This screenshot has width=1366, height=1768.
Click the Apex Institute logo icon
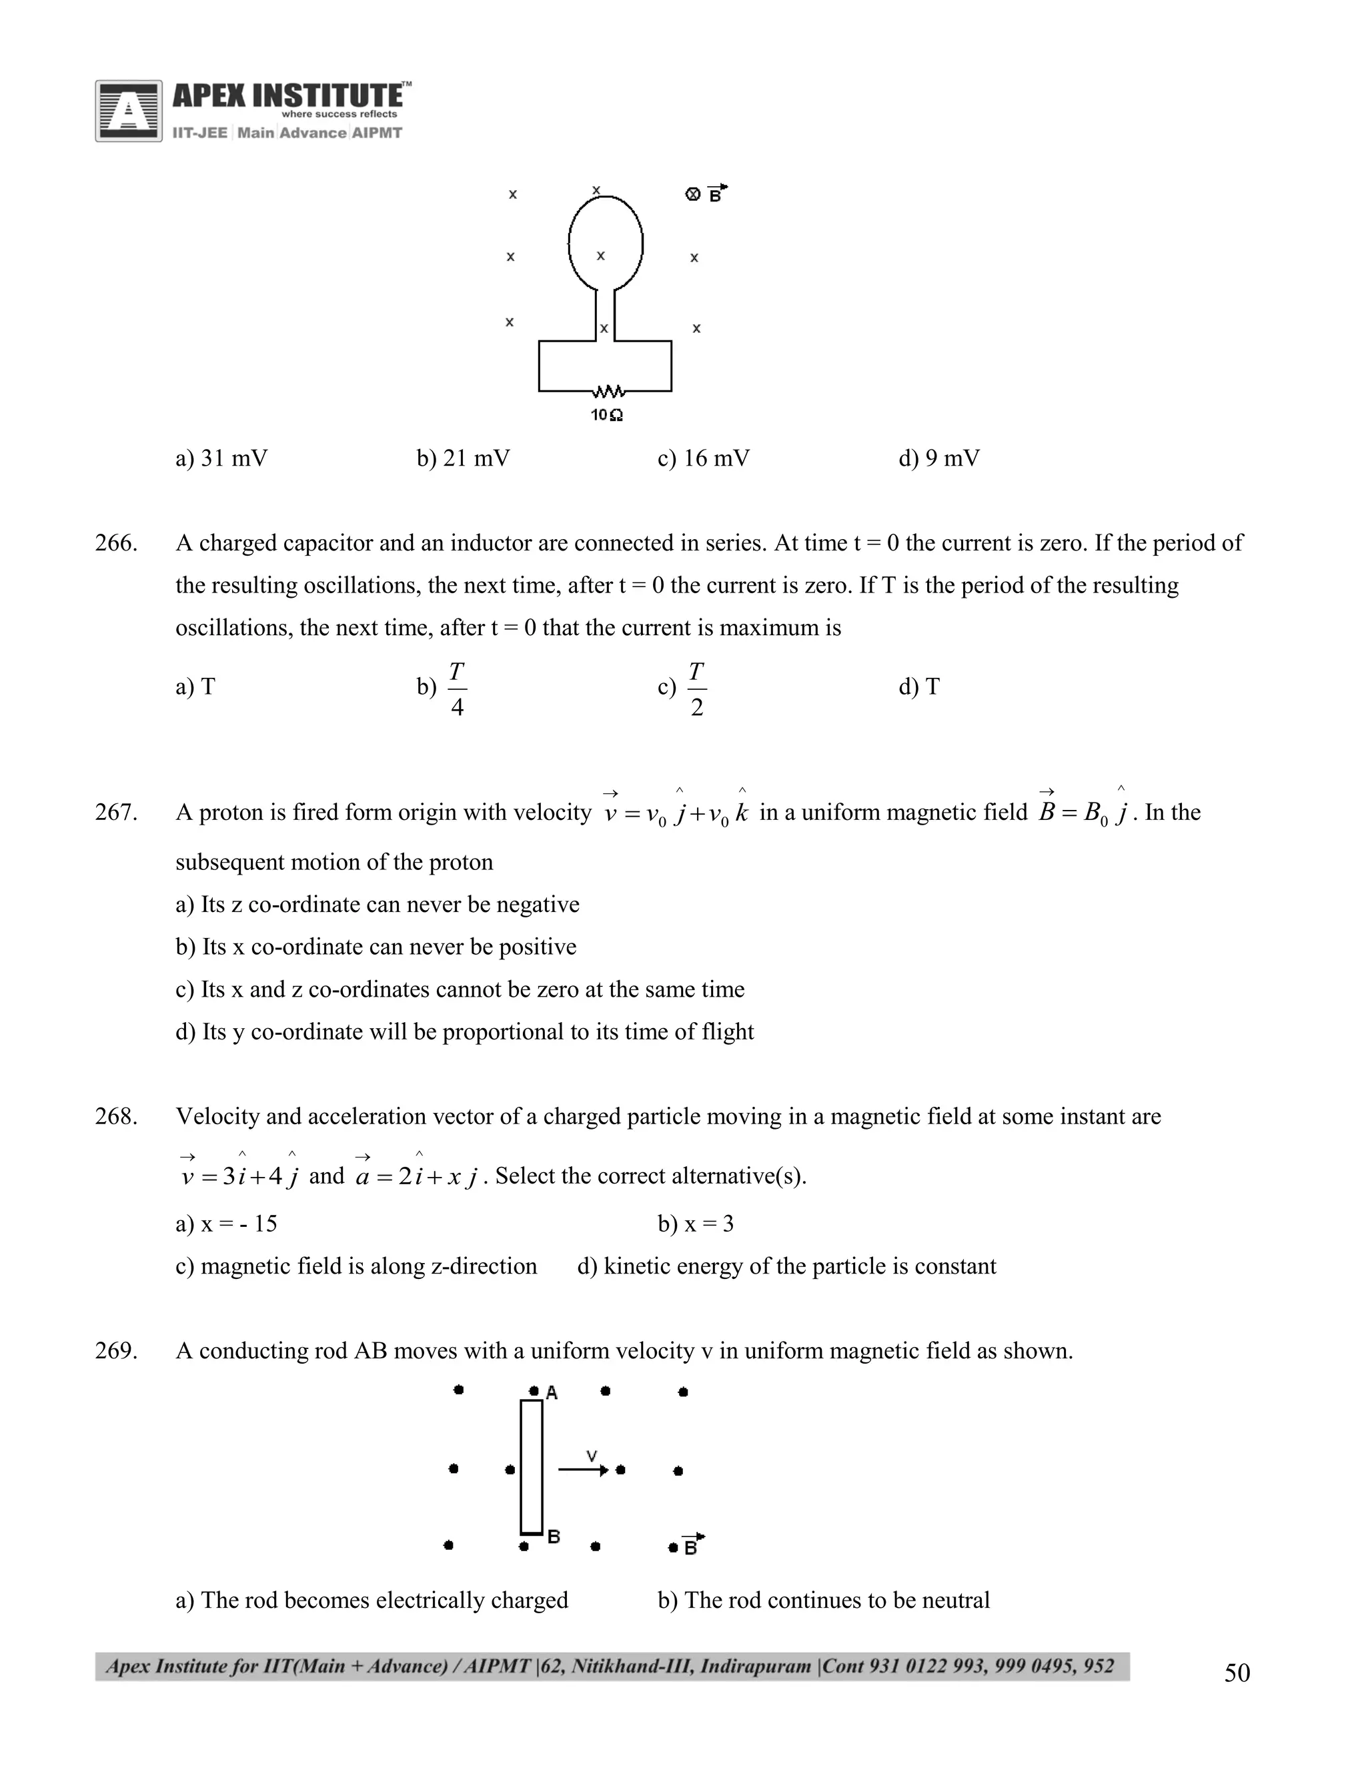pos(128,111)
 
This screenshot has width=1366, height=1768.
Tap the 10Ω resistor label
pos(606,415)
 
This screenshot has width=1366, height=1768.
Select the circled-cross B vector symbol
pos(705,193)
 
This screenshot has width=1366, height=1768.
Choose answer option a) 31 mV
pos(221,459)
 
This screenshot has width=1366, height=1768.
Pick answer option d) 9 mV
pos(938,459)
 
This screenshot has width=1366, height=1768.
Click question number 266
pos(115,543)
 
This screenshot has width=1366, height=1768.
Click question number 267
pos(115,812)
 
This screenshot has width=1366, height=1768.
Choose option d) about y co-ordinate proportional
pos(464,1032)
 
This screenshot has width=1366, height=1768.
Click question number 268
pos(115,1116)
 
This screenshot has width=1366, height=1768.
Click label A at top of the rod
pos(552,1392)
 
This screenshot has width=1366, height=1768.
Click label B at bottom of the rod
pos(554,1536)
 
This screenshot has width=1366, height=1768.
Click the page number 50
pos(1237,1673)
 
